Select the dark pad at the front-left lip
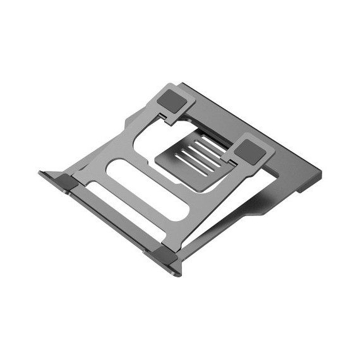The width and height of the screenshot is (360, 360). [x=65, y=183]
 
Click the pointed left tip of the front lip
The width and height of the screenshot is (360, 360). [x=40, y=172]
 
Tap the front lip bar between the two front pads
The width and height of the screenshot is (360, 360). [x=114, y=218]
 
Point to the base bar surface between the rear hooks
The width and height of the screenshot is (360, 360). [x=227, y=114]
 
